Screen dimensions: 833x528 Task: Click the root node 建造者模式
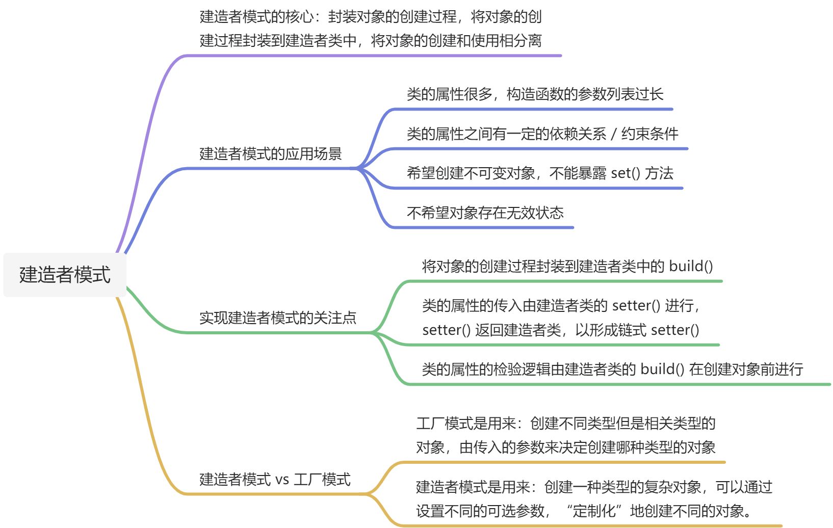65,275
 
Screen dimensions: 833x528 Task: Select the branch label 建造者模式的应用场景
270,154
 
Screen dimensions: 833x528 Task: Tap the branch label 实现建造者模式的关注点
277,318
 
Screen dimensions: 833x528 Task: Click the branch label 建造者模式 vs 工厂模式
275,480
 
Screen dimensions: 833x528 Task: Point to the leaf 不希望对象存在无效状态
485,213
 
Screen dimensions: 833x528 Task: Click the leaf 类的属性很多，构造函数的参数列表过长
535,94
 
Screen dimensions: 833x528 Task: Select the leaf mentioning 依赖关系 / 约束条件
542,134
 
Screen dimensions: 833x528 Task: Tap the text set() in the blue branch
625,173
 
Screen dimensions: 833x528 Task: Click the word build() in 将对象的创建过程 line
691,266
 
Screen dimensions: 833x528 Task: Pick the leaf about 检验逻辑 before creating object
612,369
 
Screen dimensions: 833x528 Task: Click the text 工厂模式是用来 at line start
466,424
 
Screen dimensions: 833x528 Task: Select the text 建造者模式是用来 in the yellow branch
473,487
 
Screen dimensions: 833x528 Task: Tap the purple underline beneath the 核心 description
372,56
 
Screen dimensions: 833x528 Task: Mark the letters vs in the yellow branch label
282,480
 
